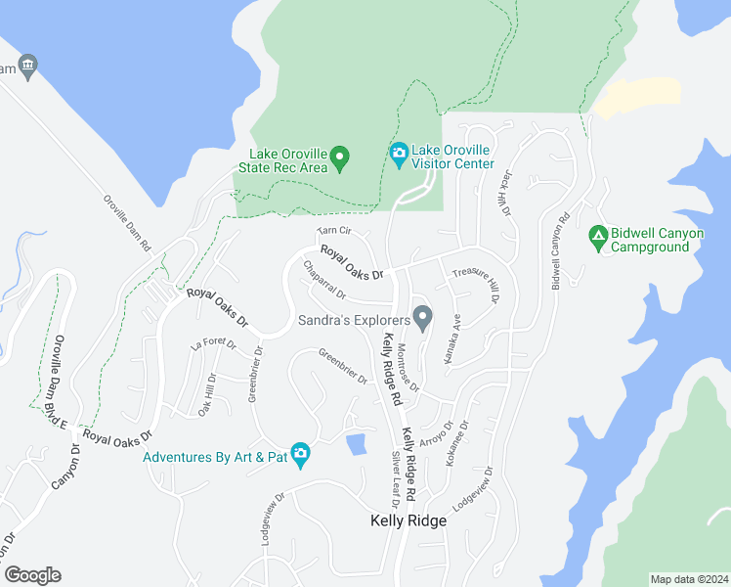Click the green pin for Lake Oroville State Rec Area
pyautogui.click(x=339, y=157)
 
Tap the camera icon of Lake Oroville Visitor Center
pyautogui.click(x=399, y=155)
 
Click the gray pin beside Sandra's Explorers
pyautogui.click(x=422, y=318)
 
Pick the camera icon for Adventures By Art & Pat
pyautogui.click(x=300, y=454)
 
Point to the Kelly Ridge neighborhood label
pyautogui.click(x=408, y=520)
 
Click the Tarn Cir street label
pyautogui.click(x=333, y=232)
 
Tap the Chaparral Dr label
pyautogui.click(x=324, y=280)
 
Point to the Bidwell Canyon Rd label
pyautogui.click(x=558, y=250)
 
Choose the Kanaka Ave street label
pyautogui.click(x=452, y=339)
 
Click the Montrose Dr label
pyautogui.click(x=408, y=367)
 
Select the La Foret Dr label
pyautogui.click(x=214, y=342)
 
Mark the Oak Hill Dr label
pyautogui.click(x=206, y=394)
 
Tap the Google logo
pyautogui.click(x=32, y=575)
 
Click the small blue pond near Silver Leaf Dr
pyautogui.click(x=356, y=444)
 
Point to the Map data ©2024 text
pyautogui.click(x=689, y=579)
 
